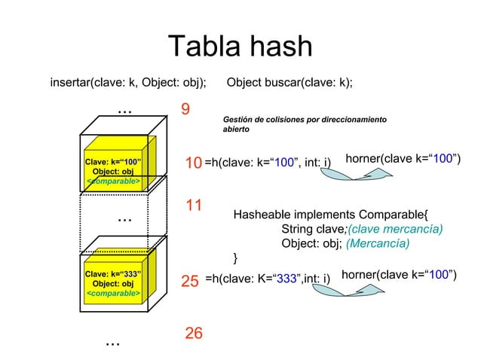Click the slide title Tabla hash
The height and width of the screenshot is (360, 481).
(240, 46)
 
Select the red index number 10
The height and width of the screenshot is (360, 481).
(193, 163)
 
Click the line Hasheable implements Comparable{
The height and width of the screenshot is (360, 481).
(330, 214)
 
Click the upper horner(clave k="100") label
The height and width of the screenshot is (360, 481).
(403, 158)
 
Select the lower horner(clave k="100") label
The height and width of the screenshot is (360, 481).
(399, 276)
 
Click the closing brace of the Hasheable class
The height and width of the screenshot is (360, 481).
(236, 258)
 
